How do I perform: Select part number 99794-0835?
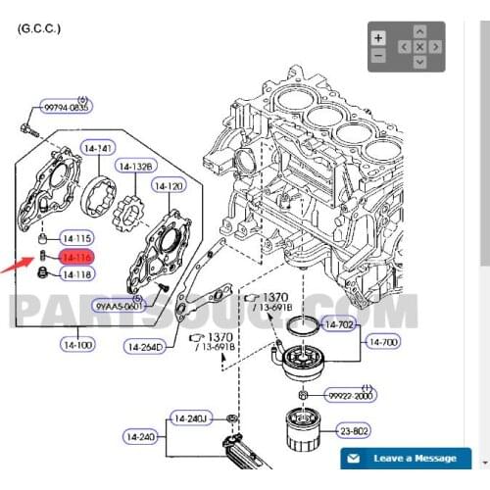66,109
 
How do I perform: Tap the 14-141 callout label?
99,148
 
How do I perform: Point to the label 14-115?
76,238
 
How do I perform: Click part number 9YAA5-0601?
120,306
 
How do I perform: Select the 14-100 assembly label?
76,345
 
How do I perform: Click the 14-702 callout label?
339,323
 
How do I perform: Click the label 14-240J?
193,418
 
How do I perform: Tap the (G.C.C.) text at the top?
39,29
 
